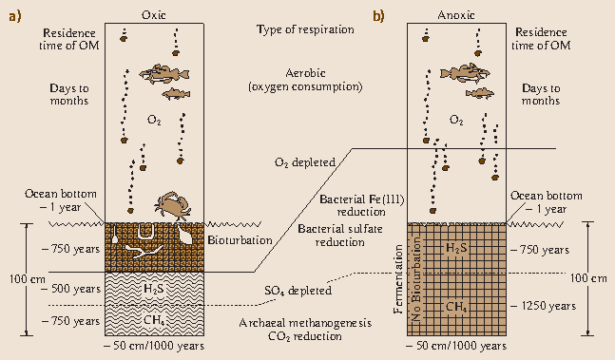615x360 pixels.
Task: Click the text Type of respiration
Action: click(305, 30)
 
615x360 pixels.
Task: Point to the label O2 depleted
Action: click(306, 162)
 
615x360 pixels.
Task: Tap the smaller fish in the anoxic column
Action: click(484, 93)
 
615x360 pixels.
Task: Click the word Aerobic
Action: click(306, 73)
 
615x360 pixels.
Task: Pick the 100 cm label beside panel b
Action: click(592, 278)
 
